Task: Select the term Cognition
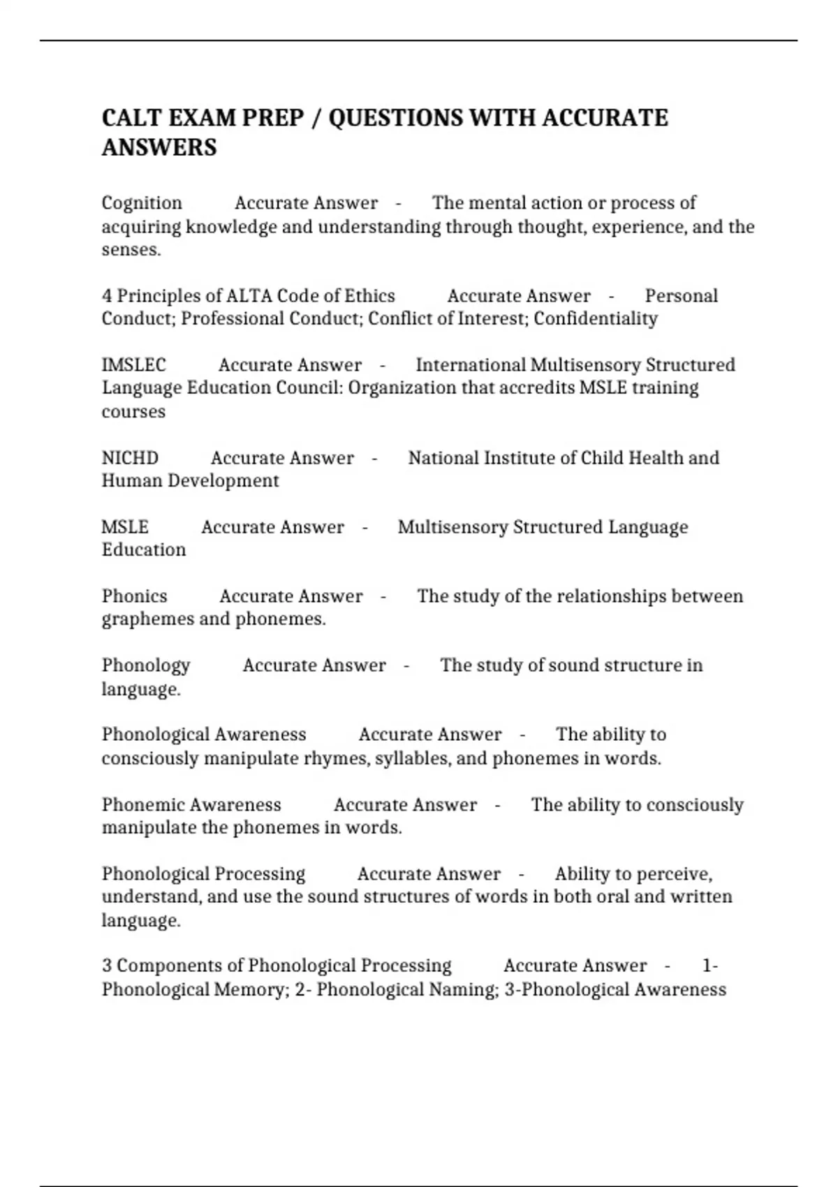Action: pyautogui.click(x=142, y=203)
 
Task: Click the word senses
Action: pyautogui.click(x=131, y=250)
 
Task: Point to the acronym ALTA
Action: pyautogui.click(x=249, y=296)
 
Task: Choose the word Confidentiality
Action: pyautogui.click(x=595, y=319)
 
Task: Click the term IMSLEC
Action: pyautogui.click(x=134, y=365)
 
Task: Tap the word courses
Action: pyautogui.click(x=133, y=412)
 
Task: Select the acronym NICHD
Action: pyautogui.click(x=130, y=458)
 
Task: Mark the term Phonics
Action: pyautogui.click(x=135, y=596)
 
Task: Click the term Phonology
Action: pyautogui.click(x=146, y=665)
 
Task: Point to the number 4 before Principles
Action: pyautogui.click(x=107, y=296)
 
